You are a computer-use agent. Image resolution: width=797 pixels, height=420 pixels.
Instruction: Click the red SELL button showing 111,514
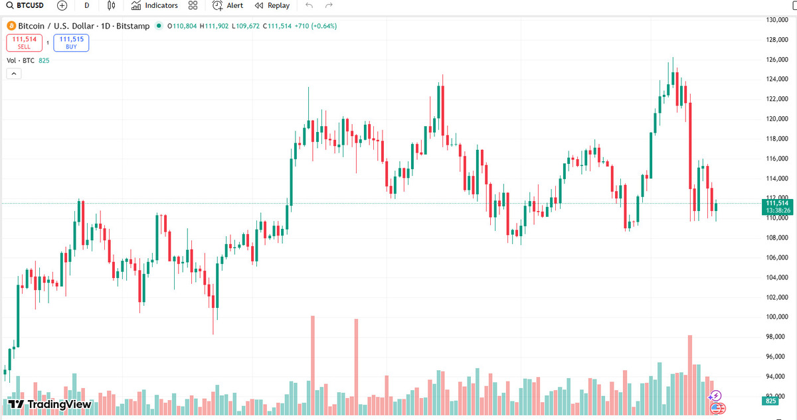pos(24,43)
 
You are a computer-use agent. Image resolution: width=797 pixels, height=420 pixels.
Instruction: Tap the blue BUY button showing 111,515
pos(71,43)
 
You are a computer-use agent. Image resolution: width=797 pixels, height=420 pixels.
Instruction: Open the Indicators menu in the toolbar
pos(155,5)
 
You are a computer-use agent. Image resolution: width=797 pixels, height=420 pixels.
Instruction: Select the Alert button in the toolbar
pos(228,5)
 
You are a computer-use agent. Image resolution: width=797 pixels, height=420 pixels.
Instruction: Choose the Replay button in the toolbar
pos(272,5)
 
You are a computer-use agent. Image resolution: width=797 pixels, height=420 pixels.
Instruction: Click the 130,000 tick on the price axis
pos(776,20)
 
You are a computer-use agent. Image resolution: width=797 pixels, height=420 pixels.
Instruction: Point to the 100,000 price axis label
pos(776,317)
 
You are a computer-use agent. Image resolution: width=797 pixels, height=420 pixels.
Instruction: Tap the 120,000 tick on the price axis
pos(776,119)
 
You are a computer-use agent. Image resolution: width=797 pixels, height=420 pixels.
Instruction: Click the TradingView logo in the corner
pos(50,404)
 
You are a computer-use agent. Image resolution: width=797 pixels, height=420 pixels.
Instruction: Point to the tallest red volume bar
pos(312,365)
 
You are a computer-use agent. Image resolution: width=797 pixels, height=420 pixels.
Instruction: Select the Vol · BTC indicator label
pos(20,60)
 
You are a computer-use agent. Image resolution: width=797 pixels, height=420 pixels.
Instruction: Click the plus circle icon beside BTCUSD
pos(62,5)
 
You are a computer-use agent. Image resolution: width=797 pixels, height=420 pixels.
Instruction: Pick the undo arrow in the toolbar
pos(309,5)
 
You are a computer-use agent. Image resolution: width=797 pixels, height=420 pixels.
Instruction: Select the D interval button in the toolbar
pos(87,5)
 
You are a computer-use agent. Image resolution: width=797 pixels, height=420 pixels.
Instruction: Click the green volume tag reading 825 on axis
pos(771,401)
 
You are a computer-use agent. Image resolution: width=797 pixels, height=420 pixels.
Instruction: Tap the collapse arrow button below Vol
pos(13,74)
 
